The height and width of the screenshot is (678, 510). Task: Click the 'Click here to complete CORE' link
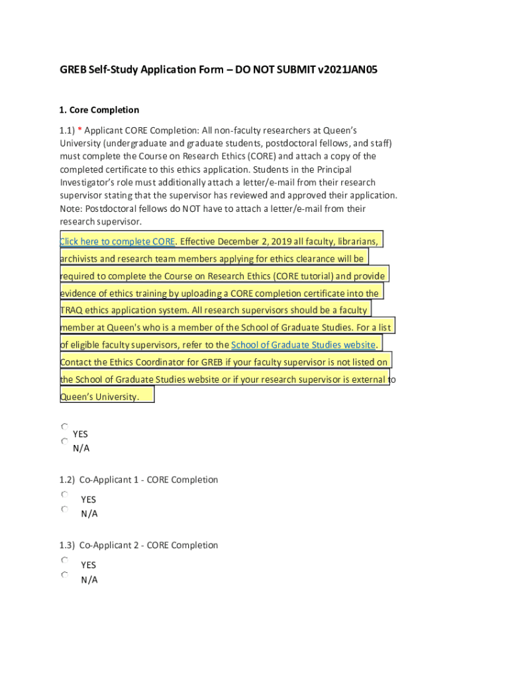coord(117,241)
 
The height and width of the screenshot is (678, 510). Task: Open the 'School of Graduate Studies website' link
coord(303,345)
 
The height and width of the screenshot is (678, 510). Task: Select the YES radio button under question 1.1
coord(64,428)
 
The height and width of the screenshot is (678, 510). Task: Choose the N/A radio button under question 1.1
coord(64,441)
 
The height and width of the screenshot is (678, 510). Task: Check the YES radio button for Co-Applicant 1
coord(64,495)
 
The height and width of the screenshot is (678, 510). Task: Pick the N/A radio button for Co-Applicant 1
coord(64,509)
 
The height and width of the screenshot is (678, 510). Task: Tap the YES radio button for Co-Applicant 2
coord(64,560)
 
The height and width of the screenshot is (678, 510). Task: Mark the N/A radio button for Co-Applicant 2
coord(64,575)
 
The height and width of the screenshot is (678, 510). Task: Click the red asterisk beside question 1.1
coord(79,130)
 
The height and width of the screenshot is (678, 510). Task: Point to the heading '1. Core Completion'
coord(99,110)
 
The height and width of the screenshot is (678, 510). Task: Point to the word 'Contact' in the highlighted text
coord(77,362)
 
